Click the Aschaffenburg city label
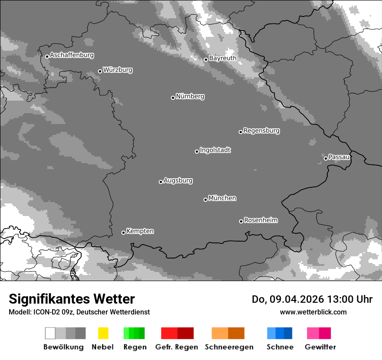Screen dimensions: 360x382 point(72,56)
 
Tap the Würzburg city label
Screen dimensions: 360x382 point(118,70)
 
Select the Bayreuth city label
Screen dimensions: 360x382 point(223,58)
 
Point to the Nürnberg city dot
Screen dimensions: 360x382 point(173,98)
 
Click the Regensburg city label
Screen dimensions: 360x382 point(261,131)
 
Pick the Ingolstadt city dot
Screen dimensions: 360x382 point(197,151)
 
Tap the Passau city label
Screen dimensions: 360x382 point(339,157)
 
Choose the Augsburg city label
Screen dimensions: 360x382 point(178,180)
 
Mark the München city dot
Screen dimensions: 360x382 point(205,200)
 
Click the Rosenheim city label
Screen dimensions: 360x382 point(260,220)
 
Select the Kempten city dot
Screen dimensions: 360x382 point(123,232)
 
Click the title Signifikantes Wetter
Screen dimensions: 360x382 point(72,299)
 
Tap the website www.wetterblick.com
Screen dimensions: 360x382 point(313,312)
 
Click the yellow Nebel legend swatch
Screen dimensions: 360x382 point(103,333)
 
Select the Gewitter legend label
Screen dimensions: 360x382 point(320,347)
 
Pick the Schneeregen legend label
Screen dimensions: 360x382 point(229,347)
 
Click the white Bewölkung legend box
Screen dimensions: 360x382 point(50,333)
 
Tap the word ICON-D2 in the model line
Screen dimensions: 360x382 point(44,312)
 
